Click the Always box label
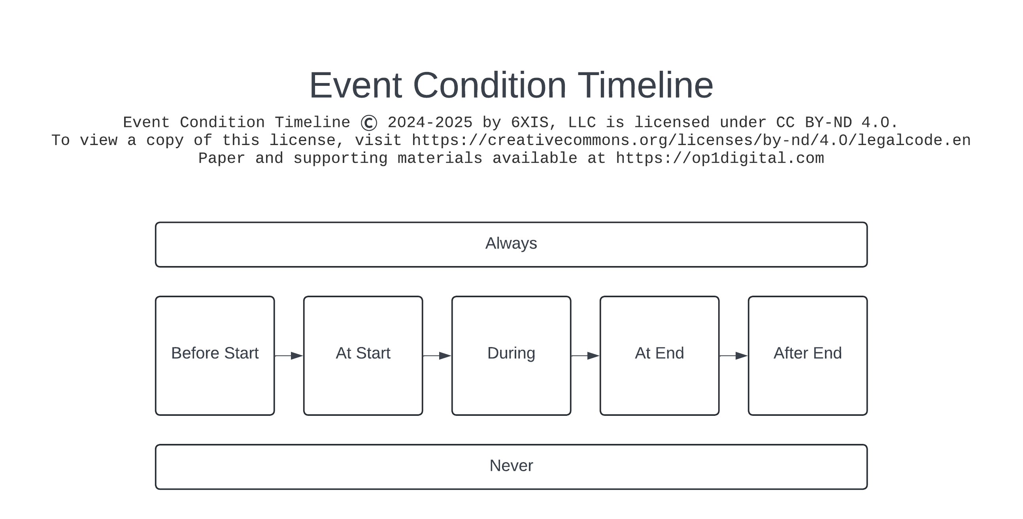[511, 243]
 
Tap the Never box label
[511, 466]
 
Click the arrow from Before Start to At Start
[289, 356]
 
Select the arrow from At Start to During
[437, 356]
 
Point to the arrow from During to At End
[585, 356]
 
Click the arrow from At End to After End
[734, 356]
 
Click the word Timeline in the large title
[645, 85]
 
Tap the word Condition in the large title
[489, 85]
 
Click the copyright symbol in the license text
[368, 123]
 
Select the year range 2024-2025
[430, 123]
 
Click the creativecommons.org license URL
[691, 141]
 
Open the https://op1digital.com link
[719, 159]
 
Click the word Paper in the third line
[221, 159]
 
